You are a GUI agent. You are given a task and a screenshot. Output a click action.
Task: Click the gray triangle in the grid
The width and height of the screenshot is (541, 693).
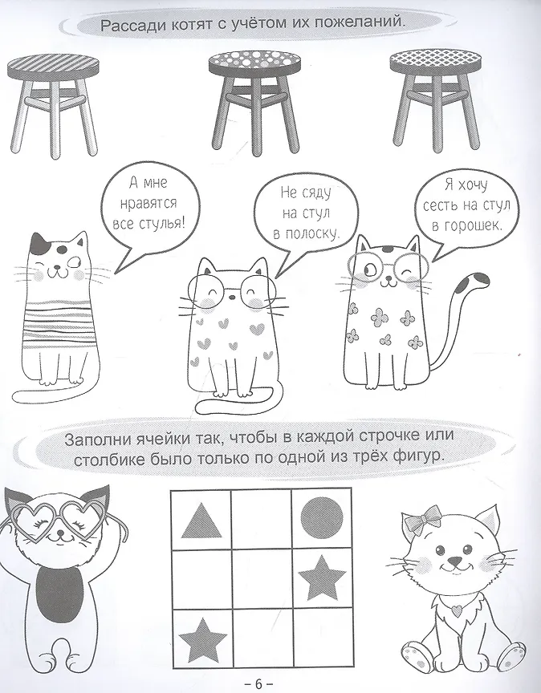(x=201, y=521)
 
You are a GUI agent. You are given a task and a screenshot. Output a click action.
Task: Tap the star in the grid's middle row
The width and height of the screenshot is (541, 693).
(x=322, y=577)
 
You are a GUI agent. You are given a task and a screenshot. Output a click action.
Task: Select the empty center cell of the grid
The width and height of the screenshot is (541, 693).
(x=261, y=578)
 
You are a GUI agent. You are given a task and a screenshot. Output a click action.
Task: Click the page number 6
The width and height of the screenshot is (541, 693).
(x=258, y=683)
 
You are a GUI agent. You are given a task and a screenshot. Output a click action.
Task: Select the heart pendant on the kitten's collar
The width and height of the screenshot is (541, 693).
(x=457, y=609)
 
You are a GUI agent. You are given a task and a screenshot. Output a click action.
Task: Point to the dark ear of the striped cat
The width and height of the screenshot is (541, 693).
(x=38, y=244)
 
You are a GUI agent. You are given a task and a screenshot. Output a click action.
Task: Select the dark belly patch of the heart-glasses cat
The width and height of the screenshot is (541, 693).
(x=59, y=593)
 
